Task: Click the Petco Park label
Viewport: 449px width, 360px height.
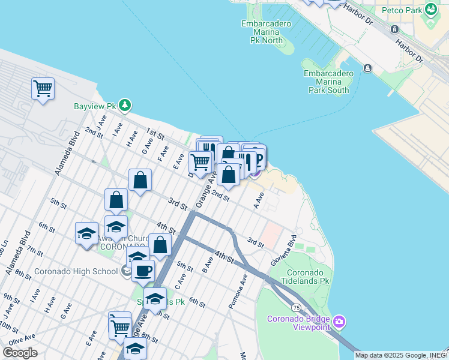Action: (x=401, y=10)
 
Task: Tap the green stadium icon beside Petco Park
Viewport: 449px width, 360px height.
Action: (x=430, y=9)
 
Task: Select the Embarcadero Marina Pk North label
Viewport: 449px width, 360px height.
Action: (x=266, y=32)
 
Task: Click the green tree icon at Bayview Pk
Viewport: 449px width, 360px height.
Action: (x=125, y=106)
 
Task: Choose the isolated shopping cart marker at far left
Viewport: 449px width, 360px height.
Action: (x=43, y=89)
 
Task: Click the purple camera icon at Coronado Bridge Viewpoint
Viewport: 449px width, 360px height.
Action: (x=339, y=322)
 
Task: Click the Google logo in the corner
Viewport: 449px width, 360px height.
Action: (x=20, y=353)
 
